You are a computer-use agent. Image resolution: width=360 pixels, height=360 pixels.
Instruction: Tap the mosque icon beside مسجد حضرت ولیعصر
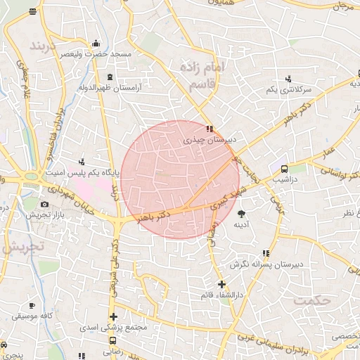tap(96, 43)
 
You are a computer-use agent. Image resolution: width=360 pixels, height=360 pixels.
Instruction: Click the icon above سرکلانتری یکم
tap(288, 79)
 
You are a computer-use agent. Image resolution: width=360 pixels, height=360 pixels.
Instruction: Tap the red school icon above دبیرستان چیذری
tap(210, 129)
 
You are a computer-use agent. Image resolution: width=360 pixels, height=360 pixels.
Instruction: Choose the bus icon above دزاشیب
tap(284, 169)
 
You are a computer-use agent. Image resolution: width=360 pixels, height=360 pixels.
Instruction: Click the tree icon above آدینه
tap(242, 213)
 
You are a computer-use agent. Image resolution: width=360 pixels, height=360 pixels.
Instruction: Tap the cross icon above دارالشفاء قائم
tap(222, 285)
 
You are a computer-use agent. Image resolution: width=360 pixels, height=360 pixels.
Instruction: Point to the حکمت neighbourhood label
tap(313, 300)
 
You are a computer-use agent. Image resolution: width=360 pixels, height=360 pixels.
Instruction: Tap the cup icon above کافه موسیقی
tap(32, 304)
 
